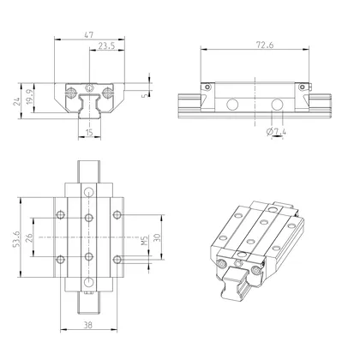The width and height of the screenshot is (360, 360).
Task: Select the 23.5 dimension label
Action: [108, 45]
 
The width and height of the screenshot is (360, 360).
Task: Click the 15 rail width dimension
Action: [91, 133]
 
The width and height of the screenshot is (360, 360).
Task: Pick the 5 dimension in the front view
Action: [144, 94]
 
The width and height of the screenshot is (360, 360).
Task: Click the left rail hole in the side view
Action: [231, 106]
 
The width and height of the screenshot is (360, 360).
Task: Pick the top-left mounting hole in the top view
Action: [59, 213]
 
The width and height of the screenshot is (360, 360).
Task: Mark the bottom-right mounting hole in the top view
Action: [120, 259]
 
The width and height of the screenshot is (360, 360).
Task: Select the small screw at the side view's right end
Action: [302, 86]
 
